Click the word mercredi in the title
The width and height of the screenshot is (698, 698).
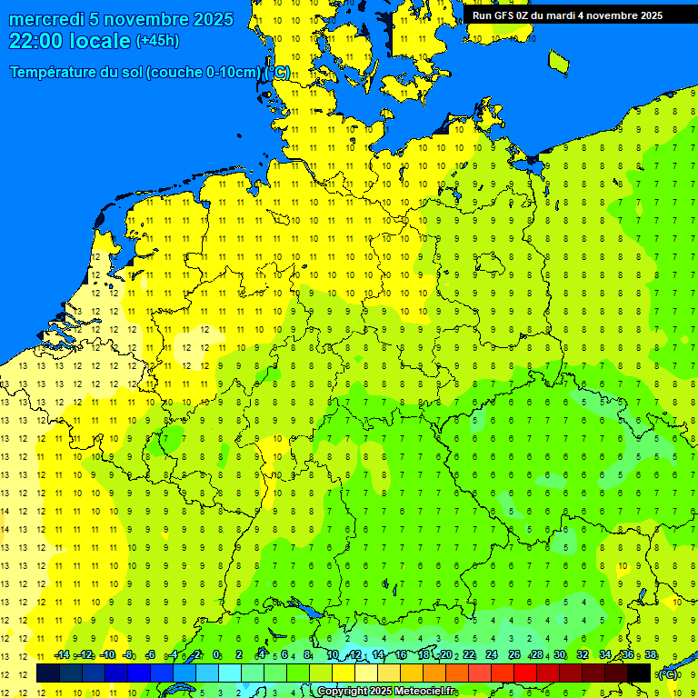point(46,20)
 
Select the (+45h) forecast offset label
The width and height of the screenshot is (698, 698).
point(157,41)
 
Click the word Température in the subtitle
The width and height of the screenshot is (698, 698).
point(55,73)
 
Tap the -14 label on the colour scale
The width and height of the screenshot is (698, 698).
point(62,654)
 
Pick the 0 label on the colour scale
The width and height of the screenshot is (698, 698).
point(216,654)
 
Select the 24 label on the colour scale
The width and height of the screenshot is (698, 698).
point(491,654)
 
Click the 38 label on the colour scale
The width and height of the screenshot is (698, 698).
point(651,654)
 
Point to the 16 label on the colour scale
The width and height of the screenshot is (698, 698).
point(401,654)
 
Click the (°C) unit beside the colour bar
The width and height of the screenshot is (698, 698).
point(668,674)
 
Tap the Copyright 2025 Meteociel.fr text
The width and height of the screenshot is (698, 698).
point(386,692)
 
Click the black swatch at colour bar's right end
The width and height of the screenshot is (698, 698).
point(639,673)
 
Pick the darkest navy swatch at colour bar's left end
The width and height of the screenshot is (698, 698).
point(48,673)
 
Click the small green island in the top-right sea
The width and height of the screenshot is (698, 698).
point(559,60)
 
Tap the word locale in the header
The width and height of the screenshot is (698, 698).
point(101,41)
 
